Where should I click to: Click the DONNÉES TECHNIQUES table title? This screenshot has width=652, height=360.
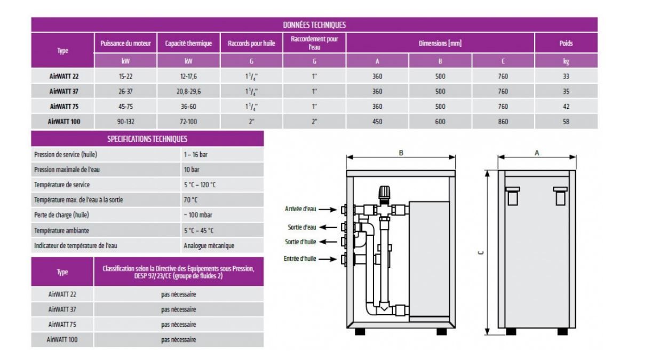click(314, 25)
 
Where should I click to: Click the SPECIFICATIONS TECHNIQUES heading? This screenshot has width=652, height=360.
click(147, 139)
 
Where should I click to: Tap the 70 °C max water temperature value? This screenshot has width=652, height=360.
click(190, 200)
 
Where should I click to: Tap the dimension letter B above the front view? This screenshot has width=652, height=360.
click(401, 153)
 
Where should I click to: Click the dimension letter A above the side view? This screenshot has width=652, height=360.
click(537, 153)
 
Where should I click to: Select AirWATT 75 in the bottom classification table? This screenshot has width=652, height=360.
click(62, 324)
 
